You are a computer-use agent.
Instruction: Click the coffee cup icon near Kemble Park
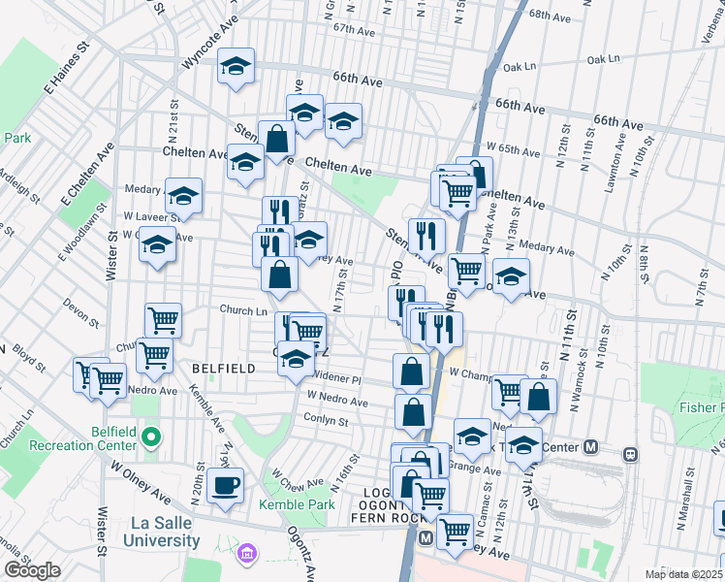click(226, 485)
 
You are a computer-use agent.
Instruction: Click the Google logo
click(32, 570)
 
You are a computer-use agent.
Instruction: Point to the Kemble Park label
click(297, 504)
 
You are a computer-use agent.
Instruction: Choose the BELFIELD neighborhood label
click(224, 369)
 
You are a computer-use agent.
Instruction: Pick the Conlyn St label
click(326, 421)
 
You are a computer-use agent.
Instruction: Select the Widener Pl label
click(335, 378)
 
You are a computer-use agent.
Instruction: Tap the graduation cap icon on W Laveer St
click(183, 196)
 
